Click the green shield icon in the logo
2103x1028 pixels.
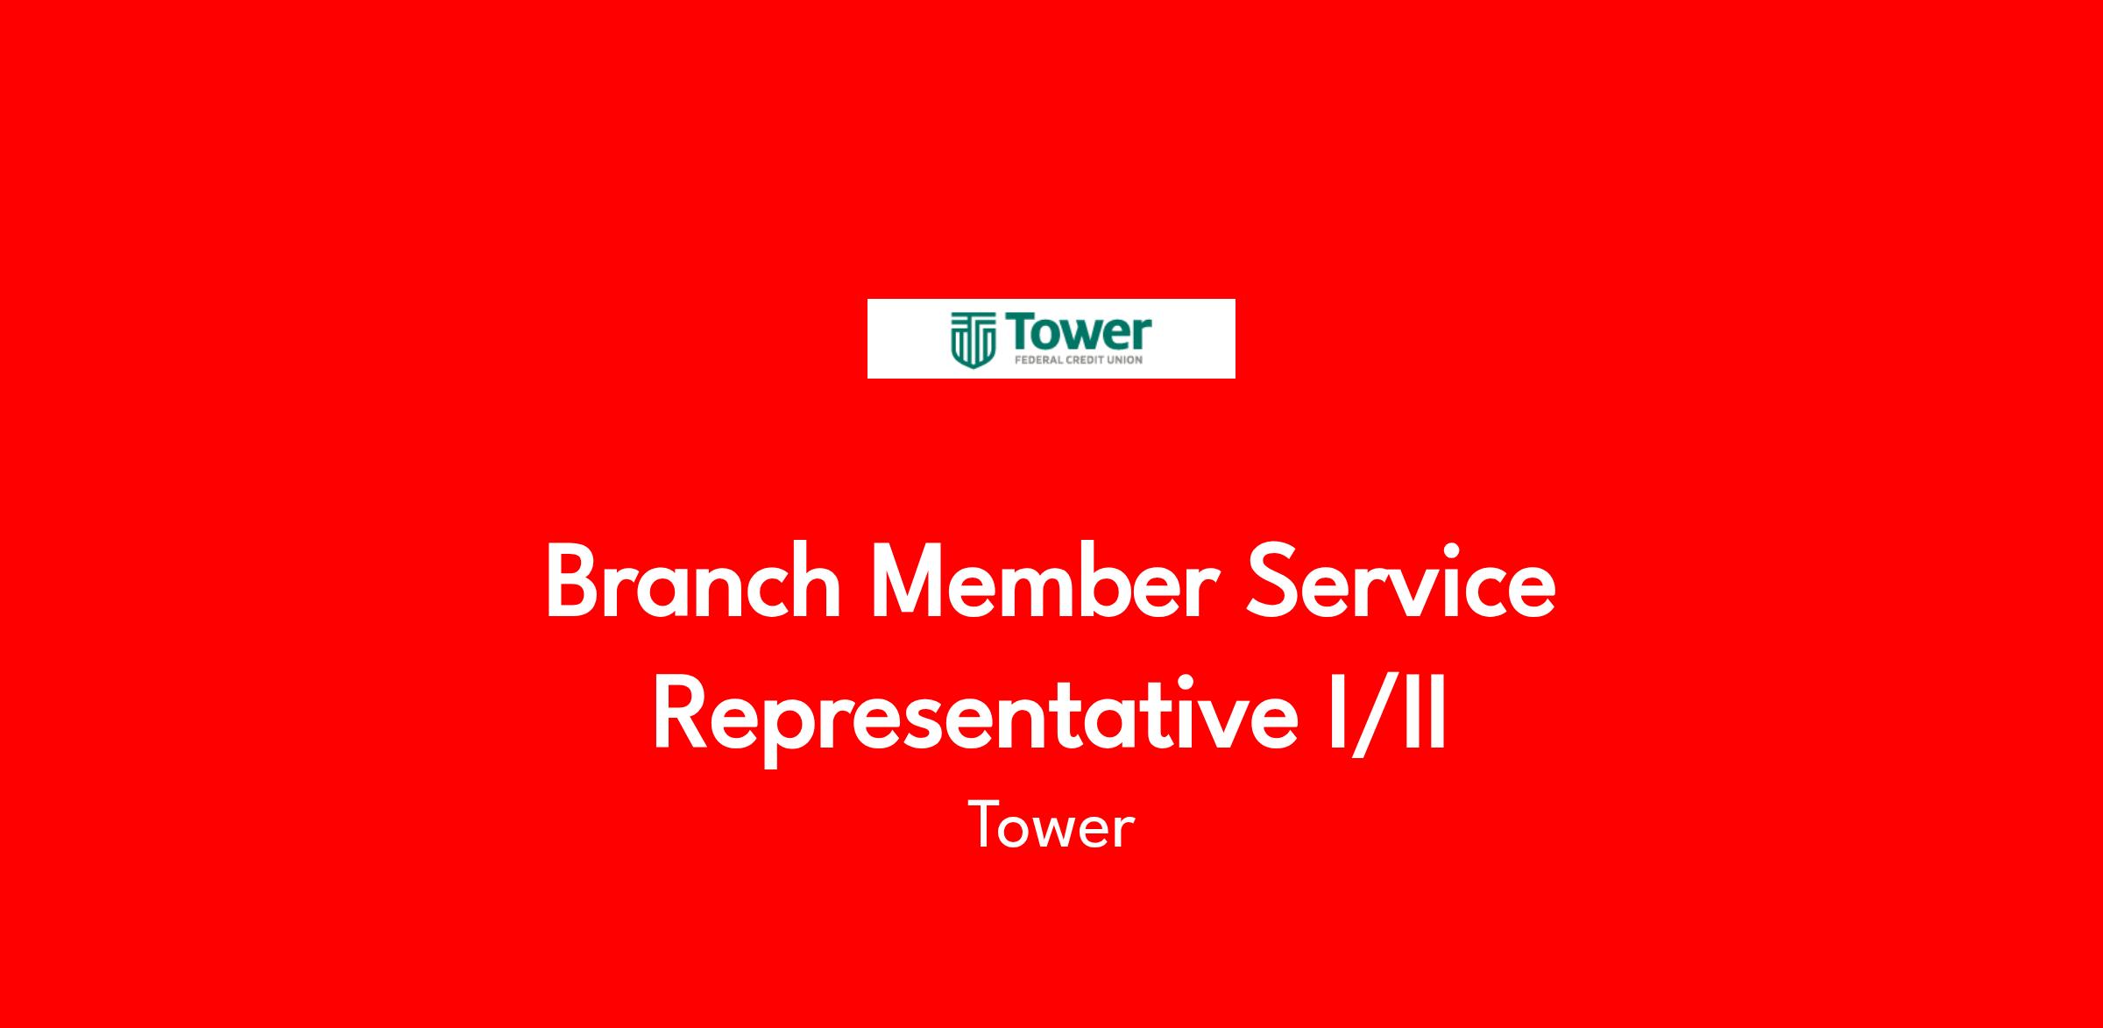[974, 340]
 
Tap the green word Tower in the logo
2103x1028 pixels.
[1079, 332]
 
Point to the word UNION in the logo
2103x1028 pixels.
[1125, 358]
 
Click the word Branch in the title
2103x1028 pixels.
[693, 581]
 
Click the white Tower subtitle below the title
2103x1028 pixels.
[1051, 826]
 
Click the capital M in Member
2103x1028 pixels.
[917, 581]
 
